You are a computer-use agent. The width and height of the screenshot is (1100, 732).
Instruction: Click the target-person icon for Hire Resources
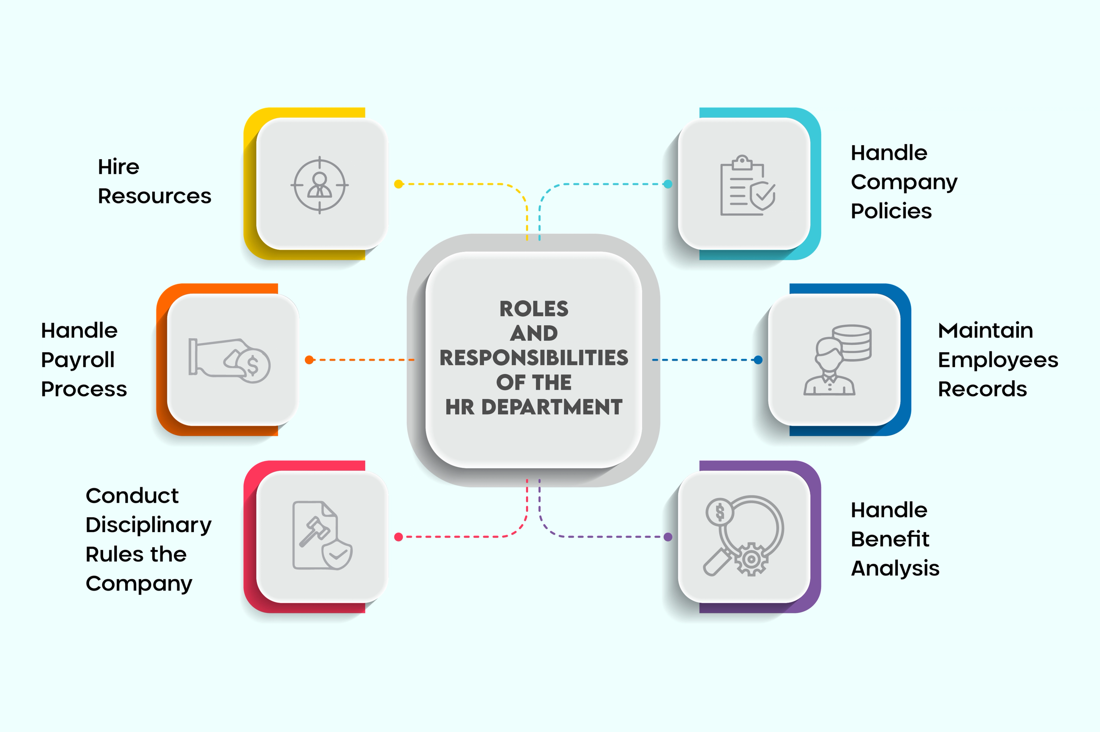click(x=320, y=185)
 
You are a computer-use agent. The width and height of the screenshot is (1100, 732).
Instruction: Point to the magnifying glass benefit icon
click(x=743, y=536)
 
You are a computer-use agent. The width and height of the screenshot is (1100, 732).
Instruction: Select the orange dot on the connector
click(x=309, y=360)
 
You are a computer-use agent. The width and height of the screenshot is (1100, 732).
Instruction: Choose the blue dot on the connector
click(x=758, y=360)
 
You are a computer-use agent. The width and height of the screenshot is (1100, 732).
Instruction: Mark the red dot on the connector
click(x=398, y=537)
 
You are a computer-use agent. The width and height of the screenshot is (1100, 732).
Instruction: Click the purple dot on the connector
click(x=668, y=537)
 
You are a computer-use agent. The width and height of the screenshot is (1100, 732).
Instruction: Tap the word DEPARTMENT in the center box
click(x=552, y=407)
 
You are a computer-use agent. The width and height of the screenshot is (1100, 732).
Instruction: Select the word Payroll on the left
click(x=77, y=360)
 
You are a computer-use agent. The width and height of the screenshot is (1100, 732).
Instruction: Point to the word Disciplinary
click(x=148, y=525)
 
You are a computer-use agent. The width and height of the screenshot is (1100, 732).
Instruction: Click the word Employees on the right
click(x=998, y=360)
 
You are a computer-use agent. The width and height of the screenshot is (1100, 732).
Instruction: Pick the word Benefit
click(x=889, y=539)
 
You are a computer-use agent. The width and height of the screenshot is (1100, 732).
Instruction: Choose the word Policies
click(x=891, y=211)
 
